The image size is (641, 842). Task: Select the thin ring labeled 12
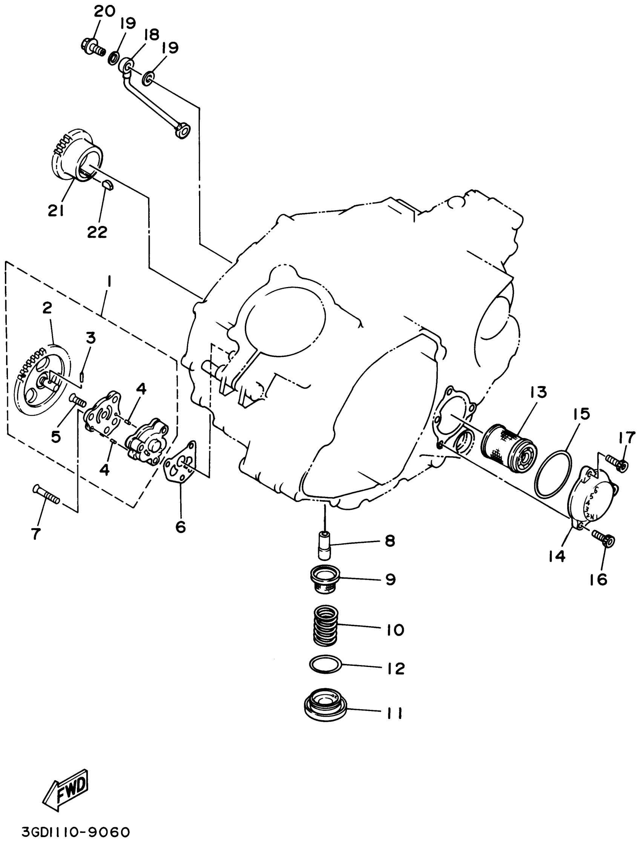326,665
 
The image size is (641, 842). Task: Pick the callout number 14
557,557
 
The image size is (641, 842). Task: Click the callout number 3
90,338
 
